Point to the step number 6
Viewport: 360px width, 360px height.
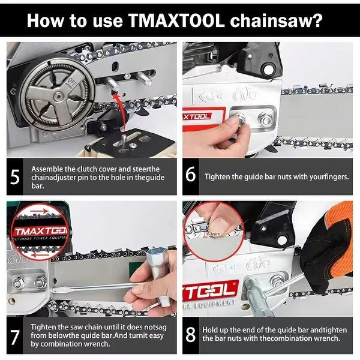[x=191, y=176]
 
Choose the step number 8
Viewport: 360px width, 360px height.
[x=191, y=334]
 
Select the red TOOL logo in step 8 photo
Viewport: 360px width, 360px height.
[x=210, y=288]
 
